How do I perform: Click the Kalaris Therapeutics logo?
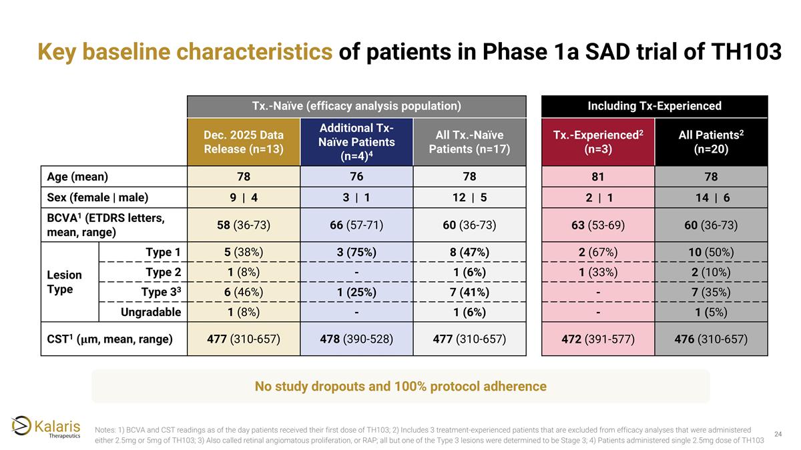46,427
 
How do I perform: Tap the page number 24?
778,434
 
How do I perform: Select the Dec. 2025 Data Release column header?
244,142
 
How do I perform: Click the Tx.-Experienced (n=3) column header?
598,142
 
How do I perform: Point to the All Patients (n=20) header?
712,142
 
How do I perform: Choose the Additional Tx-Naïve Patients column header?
356,142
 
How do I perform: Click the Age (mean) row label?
77,177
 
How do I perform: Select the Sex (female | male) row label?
97,197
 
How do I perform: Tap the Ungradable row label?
151,312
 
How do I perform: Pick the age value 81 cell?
598,177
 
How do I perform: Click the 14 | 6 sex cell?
712,197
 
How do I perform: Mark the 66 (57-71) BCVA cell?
356,225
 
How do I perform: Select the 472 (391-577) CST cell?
598,339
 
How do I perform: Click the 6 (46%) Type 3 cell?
244,292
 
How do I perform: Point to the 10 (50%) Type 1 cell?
712,252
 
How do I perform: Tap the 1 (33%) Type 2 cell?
598,272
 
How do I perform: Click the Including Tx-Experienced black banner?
654,106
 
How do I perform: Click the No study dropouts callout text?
400,386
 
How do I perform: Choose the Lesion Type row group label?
64,282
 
